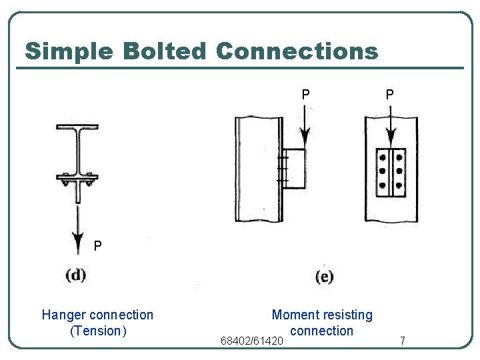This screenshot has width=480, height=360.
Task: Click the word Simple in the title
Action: click(66, 51)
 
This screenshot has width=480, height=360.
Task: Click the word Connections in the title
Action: click(297, 51)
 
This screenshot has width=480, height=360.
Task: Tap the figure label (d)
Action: click(76, 274)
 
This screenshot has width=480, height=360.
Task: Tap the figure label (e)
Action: click(325, 277)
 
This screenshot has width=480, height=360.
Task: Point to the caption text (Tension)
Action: click(98, 331)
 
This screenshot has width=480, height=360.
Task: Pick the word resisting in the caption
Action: click(348, 315)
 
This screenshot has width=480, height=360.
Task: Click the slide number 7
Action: click(403, 341)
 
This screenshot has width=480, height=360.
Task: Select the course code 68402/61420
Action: click(252, 341)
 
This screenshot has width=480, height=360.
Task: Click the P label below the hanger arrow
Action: click(98, 246)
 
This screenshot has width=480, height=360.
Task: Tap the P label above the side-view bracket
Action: click(305, 95)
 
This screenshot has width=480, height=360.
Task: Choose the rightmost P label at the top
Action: click(389, 95)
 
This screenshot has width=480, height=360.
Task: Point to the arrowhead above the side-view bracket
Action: click(305, 138)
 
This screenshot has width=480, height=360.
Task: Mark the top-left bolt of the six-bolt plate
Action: click(382, 158)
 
